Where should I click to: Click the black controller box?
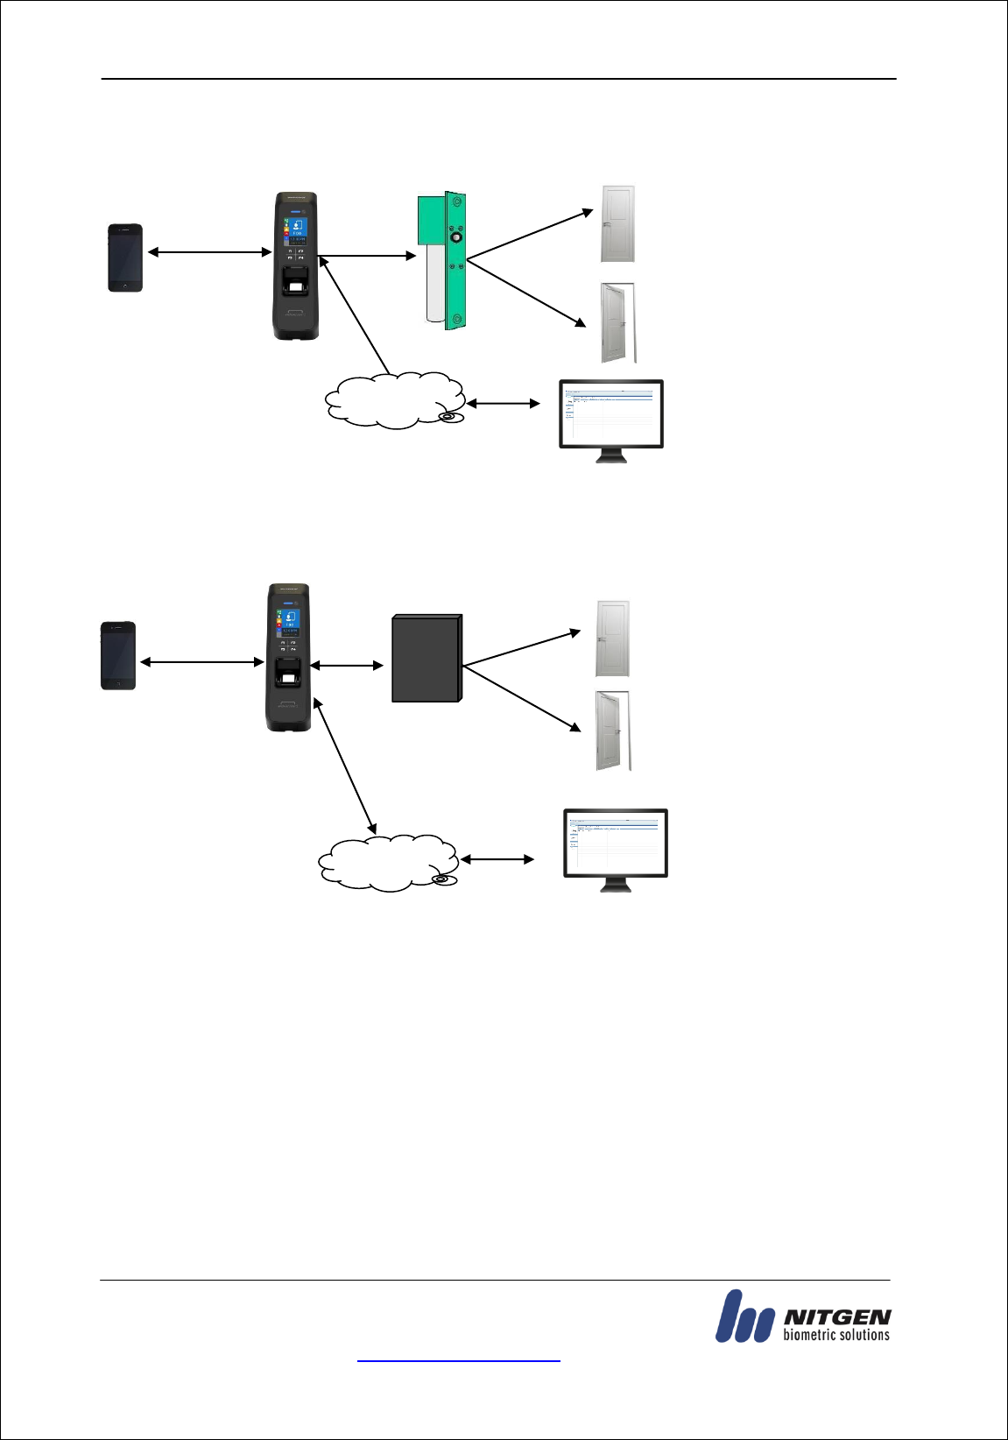point(426,659)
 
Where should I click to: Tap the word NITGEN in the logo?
point(837,1316)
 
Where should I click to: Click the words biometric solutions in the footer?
point(835,1335)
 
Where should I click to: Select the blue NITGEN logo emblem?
point(744,1316)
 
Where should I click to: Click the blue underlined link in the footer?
point(458,1360)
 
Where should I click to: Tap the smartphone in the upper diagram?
point(125,258)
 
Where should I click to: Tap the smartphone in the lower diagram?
point(118,655)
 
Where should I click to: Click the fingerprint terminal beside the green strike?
point(296,265)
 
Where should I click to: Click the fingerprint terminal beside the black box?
point(288,657)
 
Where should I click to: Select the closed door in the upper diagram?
point(617,224)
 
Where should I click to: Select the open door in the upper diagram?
point(617,322)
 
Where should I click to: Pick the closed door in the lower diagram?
point(612,639)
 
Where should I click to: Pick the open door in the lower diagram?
point(612,731)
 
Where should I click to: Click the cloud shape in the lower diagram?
point(387,862)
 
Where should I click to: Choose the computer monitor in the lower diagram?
point(615,845)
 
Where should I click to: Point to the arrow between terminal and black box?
point(347,666)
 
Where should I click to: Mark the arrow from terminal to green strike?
point(368,256)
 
